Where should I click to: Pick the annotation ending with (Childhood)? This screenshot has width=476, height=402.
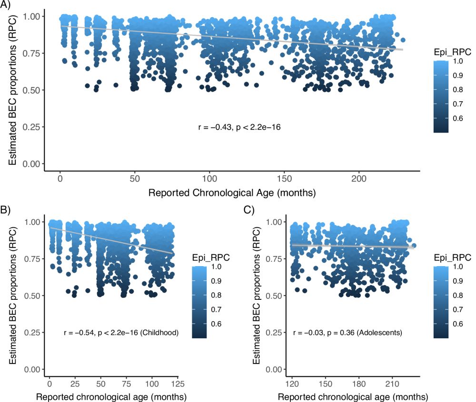coord(120,333)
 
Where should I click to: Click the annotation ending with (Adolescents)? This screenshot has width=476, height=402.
coord(348,333)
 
